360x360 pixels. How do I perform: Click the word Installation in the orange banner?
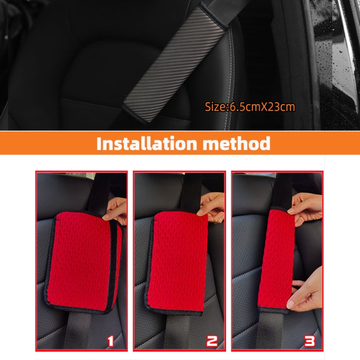(x=147, y=143)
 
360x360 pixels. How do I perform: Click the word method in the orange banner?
(x=236, y=143)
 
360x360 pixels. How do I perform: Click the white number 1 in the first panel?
(x=111, y=341)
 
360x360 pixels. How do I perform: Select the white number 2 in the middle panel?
(x=212, y=341)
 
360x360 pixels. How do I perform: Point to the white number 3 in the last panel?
(x=310, y=341)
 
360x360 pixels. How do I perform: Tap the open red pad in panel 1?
(x=83, y=262)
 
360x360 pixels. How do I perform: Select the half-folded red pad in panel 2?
(x=176, y=262)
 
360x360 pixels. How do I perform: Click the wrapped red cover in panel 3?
(x=276, y=259)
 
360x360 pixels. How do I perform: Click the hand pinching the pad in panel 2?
(x=212, y=207)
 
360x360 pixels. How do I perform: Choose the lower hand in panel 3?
(x=306, y=291)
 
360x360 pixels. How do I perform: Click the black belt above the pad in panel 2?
(x=193, y=193)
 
